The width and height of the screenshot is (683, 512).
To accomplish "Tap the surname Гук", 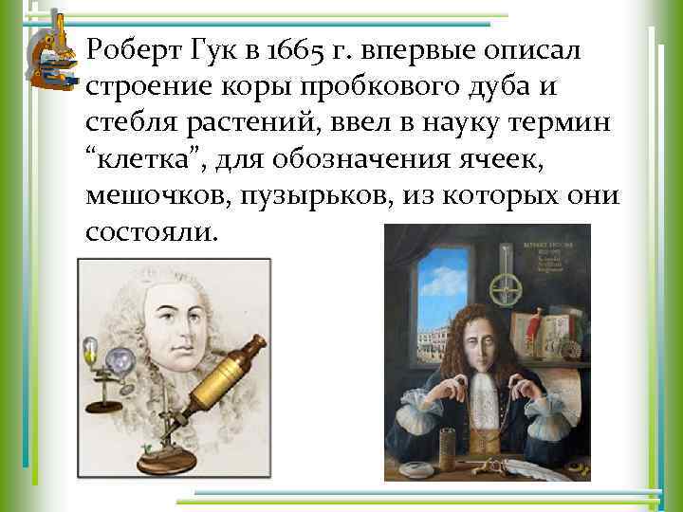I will tap(210, 49).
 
